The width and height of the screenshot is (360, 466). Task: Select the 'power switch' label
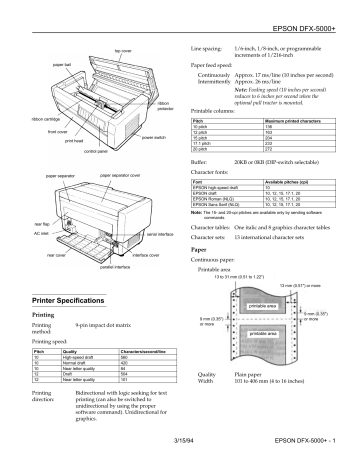coord(154,136)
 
